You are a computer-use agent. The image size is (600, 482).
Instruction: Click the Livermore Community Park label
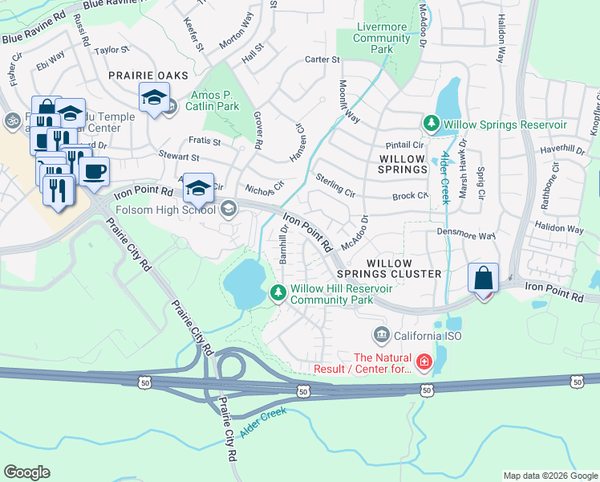[382, 38]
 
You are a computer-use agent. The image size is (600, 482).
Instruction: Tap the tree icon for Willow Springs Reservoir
[432, 124]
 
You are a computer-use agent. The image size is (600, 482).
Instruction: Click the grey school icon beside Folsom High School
[229, 210]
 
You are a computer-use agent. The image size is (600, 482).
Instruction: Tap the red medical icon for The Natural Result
[423, 363]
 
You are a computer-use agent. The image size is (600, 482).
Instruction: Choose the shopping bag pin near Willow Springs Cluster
[484, 280]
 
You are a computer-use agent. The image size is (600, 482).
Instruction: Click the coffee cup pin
[94, 171]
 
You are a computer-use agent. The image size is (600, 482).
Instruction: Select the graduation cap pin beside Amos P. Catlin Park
[154, 98]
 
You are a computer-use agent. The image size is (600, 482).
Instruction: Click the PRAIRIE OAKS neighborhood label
[148, 76]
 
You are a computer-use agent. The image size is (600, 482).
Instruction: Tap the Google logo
[26, 472]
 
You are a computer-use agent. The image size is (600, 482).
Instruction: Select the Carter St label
[323, 59]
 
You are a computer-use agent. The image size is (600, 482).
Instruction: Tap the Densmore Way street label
[465, 236]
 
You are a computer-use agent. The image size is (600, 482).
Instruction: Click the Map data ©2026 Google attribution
[550, 476]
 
